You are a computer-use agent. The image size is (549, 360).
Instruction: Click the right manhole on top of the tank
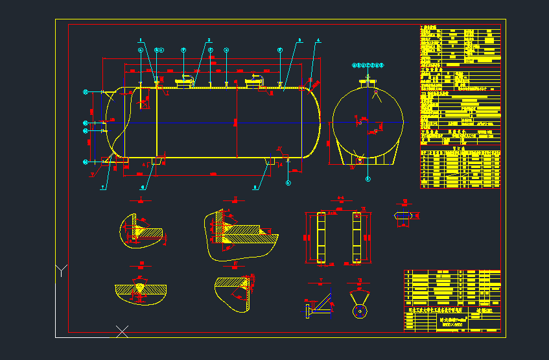[x=252, y=81]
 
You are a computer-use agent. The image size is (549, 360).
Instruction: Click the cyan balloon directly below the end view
[x=368, y=178]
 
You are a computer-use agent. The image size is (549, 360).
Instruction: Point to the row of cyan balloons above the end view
[x=368, y=65]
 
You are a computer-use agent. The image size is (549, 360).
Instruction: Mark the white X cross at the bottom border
[x=122, y=331]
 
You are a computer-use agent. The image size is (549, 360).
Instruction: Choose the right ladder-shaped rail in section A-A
[x=356, y=237]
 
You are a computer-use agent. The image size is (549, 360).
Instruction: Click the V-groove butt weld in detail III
[x=141, y=287]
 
